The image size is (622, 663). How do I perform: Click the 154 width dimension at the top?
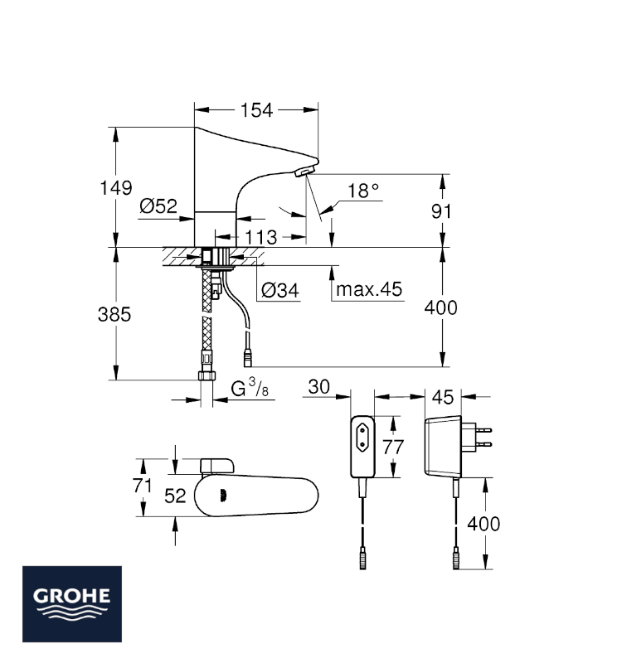[256, 110]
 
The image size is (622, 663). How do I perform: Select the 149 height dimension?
[115, 188]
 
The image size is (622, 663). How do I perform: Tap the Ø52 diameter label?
[158, 206]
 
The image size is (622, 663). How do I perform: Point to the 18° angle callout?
[363, 191]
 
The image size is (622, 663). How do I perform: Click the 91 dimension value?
[441, 211]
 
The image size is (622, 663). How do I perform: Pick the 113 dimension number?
[261, 237]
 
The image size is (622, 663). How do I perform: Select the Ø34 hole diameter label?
[280, 291]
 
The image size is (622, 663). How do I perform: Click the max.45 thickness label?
[369, 289]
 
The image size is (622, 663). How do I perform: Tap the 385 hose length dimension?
[114, 315]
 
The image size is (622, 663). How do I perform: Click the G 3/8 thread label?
[250, 388]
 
